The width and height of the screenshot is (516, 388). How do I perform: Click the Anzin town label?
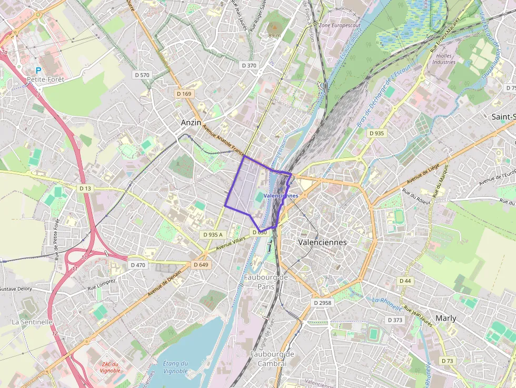191,122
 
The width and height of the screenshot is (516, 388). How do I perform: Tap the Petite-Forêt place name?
45,79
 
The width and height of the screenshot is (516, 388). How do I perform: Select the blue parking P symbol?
38,69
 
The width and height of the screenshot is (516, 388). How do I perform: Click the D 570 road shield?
142,75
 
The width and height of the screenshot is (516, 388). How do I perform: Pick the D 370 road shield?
249,65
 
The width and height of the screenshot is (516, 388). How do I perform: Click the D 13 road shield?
85,188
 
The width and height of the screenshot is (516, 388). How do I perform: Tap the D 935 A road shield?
213,234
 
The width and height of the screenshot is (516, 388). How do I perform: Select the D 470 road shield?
137,265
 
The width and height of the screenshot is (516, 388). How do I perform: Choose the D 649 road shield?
201,265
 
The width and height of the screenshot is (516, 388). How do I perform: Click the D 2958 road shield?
322,303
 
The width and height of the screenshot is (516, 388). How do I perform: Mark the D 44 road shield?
405,281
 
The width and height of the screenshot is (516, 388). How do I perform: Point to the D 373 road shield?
395,320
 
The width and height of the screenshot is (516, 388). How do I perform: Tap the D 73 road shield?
447,361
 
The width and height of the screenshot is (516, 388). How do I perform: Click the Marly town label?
446,319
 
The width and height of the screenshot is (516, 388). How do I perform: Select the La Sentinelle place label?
32,322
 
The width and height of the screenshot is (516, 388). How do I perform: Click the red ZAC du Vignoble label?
111,367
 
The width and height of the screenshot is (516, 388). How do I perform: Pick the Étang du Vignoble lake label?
175,367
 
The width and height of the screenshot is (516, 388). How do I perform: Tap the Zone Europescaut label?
339,25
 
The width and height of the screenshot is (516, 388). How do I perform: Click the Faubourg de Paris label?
266,282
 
